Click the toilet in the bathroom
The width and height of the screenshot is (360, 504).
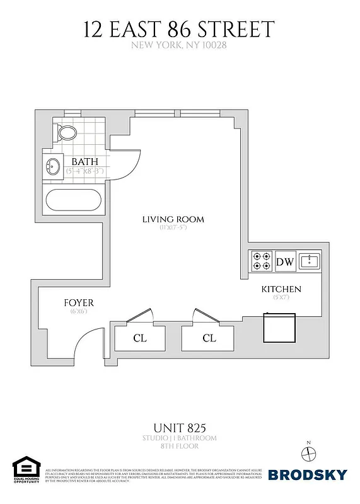pyautogui.click(x=66, y=132)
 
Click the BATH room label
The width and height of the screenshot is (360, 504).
pyautogui.click(x=84, y=162)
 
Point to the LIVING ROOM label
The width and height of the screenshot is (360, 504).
pyautogui.click(x=173, y=219)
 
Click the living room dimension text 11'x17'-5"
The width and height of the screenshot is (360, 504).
pyautogui.click(x=173, y=228)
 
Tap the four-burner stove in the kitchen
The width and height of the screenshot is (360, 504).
pyautogui.click(x=262, y=261)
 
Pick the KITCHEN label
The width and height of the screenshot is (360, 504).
pyautogui.click(x=281, y=289)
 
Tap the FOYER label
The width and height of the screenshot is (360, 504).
pyautogui.click(x=79, y=302)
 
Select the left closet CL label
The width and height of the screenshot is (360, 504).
pyautogui.click(x=140, y=338)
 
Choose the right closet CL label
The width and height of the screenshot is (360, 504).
pyautogui.click(x=209, y=338)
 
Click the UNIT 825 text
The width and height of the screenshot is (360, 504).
pyautogui.click(x=180, y=428)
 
